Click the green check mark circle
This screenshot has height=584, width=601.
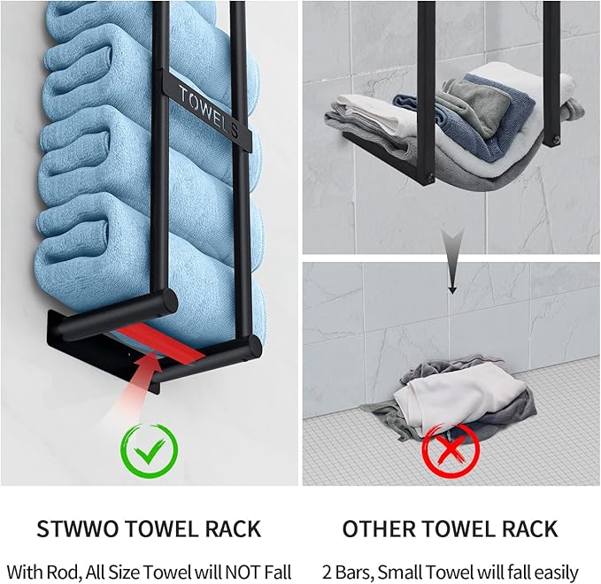[150, 450]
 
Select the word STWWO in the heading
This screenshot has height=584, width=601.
[79, 529]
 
